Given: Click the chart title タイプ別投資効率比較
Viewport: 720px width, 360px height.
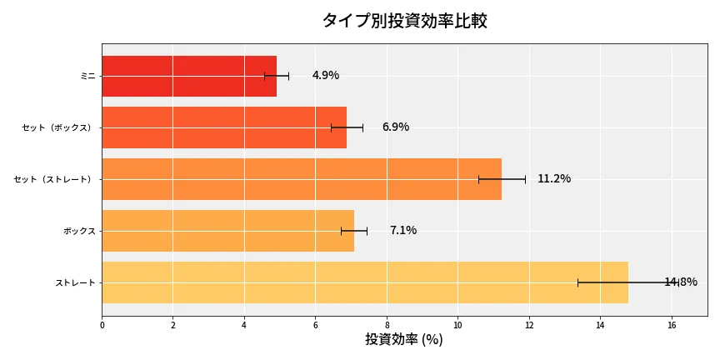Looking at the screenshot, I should [404, 21].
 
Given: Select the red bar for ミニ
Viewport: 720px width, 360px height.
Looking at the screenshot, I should [189, 76].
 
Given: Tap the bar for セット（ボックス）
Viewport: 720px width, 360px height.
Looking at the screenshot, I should [224, 127].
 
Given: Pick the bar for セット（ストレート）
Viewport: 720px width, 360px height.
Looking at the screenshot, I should [302, 179].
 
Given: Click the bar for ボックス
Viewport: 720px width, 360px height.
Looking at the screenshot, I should [227, 231].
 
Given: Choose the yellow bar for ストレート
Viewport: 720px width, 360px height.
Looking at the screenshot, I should [365, 282].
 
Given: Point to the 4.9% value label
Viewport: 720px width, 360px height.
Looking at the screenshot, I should [326, 76].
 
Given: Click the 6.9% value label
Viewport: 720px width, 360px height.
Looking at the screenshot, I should [396, 127].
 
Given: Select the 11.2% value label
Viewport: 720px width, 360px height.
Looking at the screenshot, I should [554, 179].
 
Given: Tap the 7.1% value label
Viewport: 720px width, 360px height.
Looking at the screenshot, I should [403, 231].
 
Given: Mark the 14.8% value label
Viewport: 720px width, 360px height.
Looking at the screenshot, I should [681, 282].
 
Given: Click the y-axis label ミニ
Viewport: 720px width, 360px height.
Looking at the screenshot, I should [87, 76].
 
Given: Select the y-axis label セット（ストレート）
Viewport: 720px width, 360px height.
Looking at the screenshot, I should [57, 179].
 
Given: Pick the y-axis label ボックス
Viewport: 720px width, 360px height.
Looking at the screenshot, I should [79, 231].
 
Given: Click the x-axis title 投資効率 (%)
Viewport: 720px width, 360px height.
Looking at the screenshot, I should [404, 340].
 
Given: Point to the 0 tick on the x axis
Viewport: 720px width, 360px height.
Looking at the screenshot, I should [102, 325].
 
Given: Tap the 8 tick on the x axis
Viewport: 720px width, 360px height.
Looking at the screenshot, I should [387, 325].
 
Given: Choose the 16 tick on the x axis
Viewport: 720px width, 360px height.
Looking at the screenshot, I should [672, 325].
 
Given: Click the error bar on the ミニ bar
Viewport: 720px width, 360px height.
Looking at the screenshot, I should [277, 76].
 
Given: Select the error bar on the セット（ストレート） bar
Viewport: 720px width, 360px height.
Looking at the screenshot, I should [502, 179].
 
